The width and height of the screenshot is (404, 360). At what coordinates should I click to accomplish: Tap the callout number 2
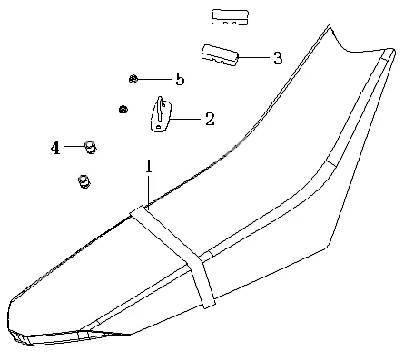[x=210, y=118]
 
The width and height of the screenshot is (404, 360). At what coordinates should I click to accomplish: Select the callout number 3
[x=277, y=58]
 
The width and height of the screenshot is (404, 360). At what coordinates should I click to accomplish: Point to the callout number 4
[x=55, y=147]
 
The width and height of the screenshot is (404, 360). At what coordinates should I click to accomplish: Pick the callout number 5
[x=180, y=80]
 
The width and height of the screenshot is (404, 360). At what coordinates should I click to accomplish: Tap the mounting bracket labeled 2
[x=159, y=116]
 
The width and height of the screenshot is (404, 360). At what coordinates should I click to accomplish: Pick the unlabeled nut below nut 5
[x=123, y=111]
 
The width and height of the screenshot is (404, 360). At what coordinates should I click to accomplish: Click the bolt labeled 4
[x=90, y=146]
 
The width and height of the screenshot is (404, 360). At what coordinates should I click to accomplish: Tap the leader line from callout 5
[x=153, y=80]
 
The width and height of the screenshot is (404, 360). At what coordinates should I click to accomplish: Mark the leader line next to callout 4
[x=73, y=146]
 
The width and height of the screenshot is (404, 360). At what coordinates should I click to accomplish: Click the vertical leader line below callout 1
[x=148, y=191]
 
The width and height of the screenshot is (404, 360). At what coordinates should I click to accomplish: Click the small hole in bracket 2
[x=159, y=129]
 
